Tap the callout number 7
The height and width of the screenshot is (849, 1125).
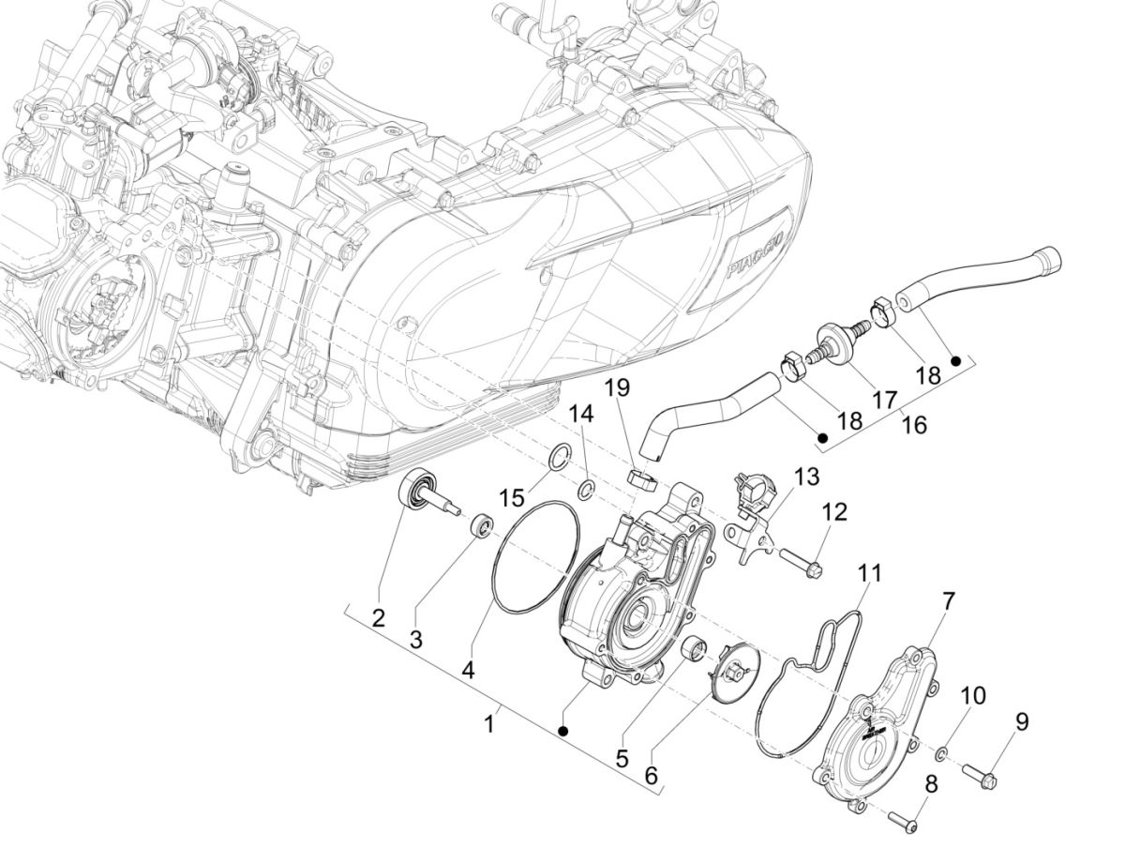click(x=948, y=599)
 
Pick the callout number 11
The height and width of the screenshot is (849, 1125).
click(x=872, y=572)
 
